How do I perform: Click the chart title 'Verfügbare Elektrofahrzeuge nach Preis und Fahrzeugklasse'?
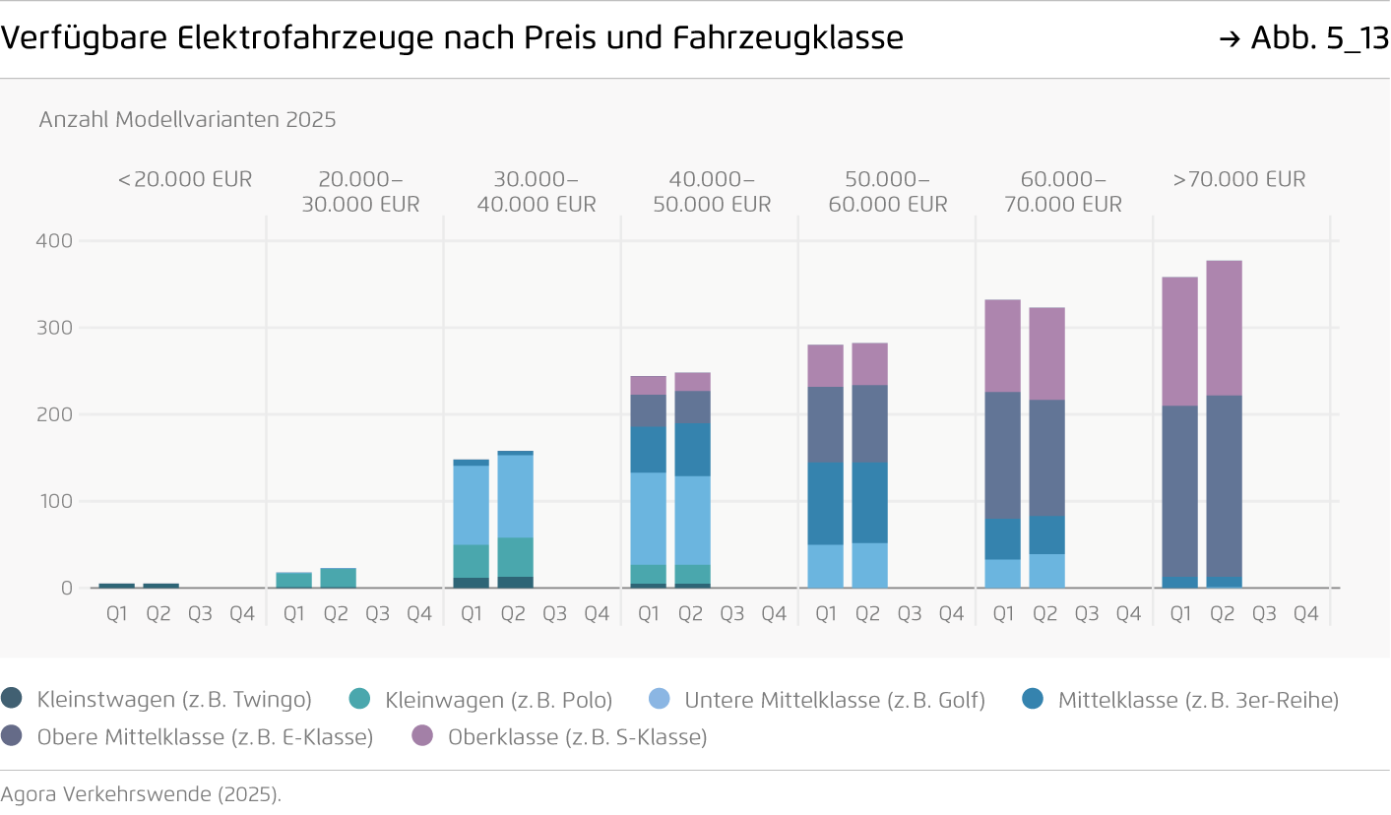(x=452, y=38)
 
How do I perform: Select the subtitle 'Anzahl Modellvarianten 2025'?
(x=187, y=120)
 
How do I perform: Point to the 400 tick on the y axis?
(x=54, y=241)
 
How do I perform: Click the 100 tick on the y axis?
(x=54, y=501)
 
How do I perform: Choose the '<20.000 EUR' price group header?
(x=185, y=179)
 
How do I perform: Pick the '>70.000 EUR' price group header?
(x=1239, y=179)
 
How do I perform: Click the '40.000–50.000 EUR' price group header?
(x=711, y=192)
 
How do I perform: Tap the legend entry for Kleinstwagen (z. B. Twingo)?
(x=158, y=700)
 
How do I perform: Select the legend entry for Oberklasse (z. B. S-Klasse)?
(x=559, y=736)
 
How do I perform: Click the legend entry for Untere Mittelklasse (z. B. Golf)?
(x=816, y=700)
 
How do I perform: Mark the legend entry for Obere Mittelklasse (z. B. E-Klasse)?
(x=188, y=736)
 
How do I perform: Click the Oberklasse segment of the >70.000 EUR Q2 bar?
(x=1224, y=328)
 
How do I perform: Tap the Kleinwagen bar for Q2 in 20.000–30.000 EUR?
(x=338, y=578)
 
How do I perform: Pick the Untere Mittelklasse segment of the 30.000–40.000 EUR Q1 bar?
(x=471, y=505)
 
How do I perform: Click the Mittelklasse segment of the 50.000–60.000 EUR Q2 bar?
(x=869, y=502)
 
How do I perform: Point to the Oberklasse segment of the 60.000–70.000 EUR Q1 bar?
(x=1002, y=345)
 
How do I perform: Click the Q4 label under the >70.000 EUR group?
(x=1305, y=614)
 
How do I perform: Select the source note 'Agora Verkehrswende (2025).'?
(x=141, y=794)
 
